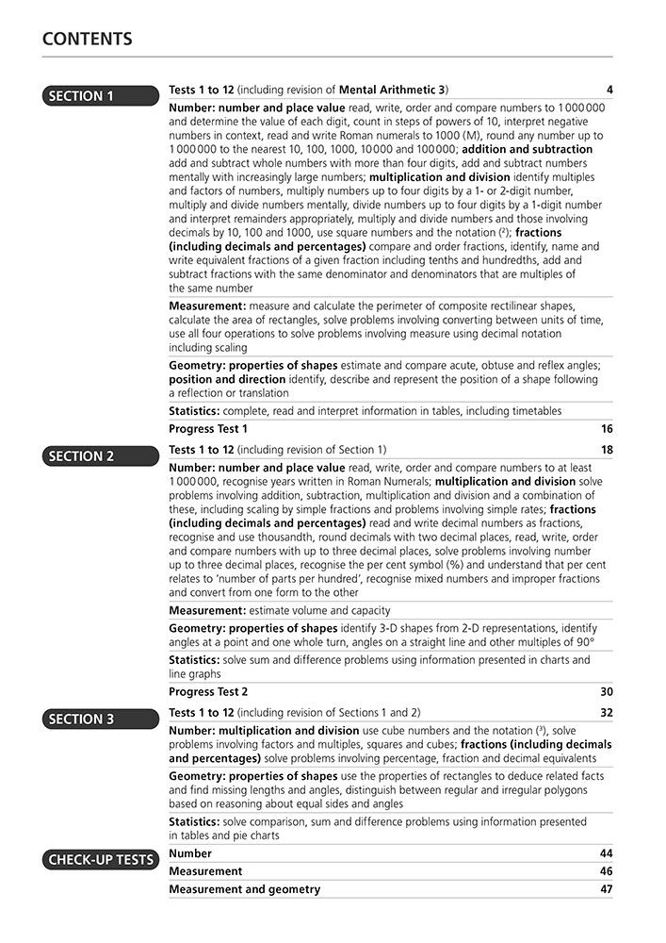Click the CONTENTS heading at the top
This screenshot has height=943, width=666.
tap(88, 40)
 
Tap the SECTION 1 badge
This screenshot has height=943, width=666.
tap(100, 95)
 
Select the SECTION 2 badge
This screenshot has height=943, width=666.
tap(100, 455)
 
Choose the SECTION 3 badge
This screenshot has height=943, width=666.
tap(100, 719)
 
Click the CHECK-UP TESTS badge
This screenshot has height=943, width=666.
tap(100, 859)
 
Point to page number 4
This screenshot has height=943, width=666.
tap(609, 91)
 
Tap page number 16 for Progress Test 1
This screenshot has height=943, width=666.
tap(607, 429)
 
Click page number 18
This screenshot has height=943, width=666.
tap(607, 450)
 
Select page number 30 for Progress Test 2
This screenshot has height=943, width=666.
tap(607, 692)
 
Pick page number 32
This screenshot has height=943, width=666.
tap(607, 713)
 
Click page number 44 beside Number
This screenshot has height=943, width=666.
tap(607, 853)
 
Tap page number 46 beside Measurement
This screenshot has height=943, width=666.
tap(607, 871)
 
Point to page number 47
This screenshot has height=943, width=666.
tap(607, 889)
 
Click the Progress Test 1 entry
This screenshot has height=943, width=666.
tap(208, 429)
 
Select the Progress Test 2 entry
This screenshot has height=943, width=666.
tap(208, 692)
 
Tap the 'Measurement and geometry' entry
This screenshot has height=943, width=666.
tap(244, 889)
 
